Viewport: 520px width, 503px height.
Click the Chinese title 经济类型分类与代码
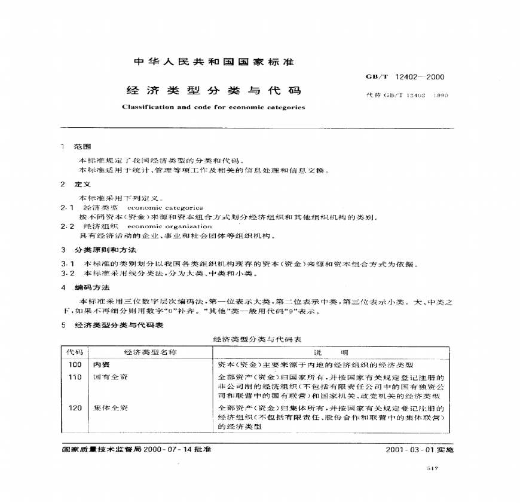click(x=213, y=91)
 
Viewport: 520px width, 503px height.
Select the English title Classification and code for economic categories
click(x=213, y=108)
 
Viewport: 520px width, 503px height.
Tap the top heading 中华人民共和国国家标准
click(x=213, y=62)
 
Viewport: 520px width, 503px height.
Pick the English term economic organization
click(x=170, y=226)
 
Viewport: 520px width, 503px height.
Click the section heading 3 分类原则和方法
click(x=99, y=249)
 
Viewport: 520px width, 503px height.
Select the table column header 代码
click(x=75, y=352)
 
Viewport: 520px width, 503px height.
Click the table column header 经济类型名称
click(x=151, y=352)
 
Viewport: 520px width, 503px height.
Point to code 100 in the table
click(x=75, y=364)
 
